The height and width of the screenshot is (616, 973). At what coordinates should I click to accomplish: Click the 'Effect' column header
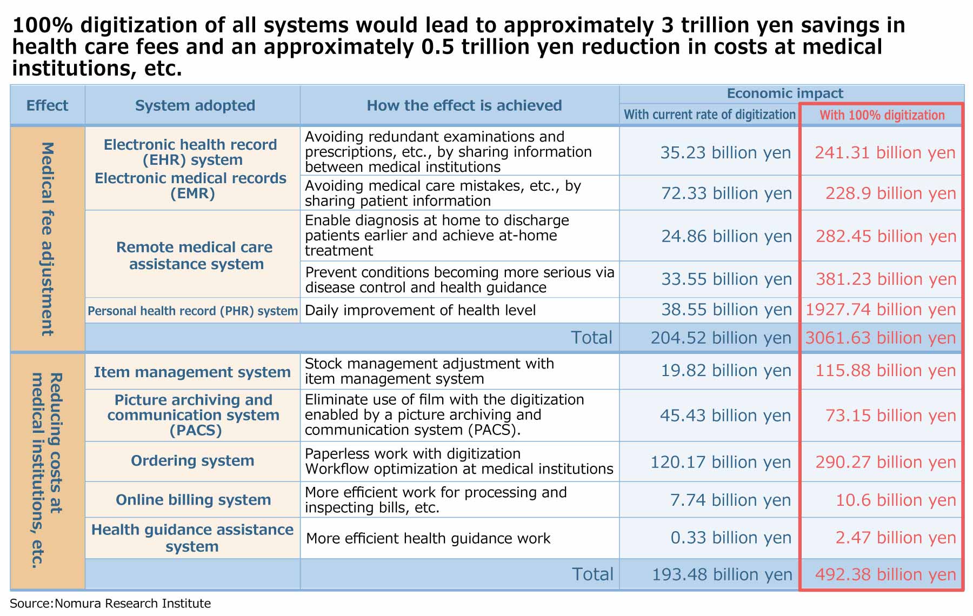pos(47,105)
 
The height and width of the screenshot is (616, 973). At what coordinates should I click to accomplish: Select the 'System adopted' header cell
pos(195,105)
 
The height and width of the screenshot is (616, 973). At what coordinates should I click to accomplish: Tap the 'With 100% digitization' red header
pos(882,115)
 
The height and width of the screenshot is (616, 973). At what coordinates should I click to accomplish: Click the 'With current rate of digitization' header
pos(709,115)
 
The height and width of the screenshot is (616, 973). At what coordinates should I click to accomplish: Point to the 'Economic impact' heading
pos(785,93)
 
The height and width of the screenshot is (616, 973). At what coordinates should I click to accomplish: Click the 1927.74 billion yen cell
pos(881,310)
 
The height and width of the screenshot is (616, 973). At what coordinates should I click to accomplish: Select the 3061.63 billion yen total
pos(881,338)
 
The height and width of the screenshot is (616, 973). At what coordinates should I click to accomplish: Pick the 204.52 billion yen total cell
pos(721,338)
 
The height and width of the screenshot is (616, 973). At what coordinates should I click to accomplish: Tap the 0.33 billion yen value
pos(731,538)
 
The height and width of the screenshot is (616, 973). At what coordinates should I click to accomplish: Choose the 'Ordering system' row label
pos(192,461)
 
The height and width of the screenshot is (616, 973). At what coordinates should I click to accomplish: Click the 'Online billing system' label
pos(193,500)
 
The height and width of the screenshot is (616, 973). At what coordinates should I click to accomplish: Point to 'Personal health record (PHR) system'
pos(192,311)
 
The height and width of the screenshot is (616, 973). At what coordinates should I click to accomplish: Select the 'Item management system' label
pos(192,372)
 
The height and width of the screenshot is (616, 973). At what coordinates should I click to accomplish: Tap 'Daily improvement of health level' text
pos(421,310)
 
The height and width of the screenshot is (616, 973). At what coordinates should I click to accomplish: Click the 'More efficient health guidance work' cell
pos(428,538)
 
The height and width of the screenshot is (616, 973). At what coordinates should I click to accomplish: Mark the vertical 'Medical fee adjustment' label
pos(48,239)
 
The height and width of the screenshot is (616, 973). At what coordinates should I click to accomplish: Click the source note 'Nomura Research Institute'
pos(132,604)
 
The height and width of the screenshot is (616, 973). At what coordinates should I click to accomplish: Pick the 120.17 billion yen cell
pos(721,462)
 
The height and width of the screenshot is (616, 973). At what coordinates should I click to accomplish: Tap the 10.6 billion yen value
pos(896,500)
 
